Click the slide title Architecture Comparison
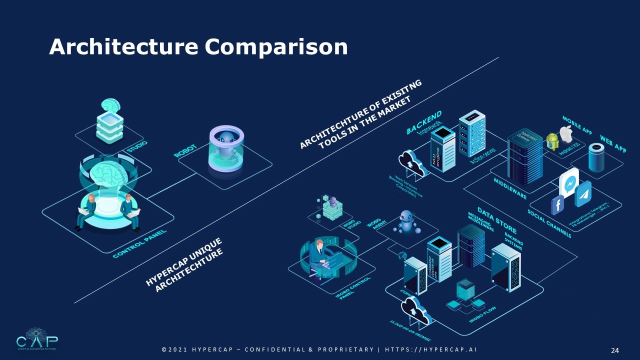(x=198, y=47)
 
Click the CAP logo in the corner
(x=36, y=339)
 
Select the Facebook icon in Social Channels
(x=557, y=205)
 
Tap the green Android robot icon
(x=552, y=141)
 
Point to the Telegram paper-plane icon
(x=582, y=194)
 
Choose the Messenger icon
(x=569, y=183)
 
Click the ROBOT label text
(x=185, y=150)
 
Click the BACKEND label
(x=423, y=122)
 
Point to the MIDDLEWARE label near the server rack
(x=510, y=188)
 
